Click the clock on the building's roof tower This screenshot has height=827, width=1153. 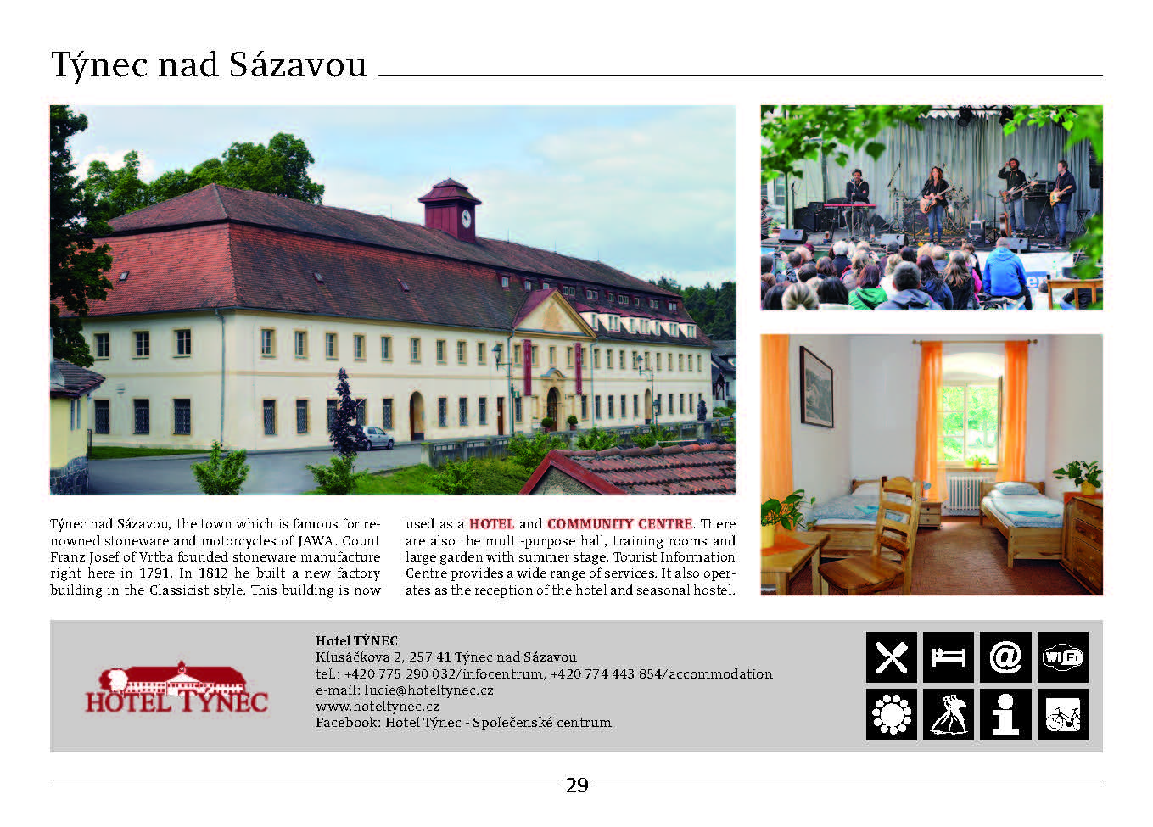[466, 218]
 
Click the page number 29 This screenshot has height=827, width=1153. [577, 785]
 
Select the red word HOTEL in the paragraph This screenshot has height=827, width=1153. [491, 524]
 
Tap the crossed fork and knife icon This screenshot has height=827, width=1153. [892, 657]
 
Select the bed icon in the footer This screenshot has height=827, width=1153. [949, 657]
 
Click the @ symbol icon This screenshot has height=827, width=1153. [1005, 657]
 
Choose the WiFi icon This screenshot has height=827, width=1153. [1063, 657]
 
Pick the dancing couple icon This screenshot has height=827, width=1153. [949, 715]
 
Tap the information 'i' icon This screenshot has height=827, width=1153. [1005, 715]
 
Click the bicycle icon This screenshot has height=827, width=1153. [1063, 715]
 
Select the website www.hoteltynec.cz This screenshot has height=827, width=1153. [378, 706]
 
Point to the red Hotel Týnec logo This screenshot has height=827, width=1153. [176, 688]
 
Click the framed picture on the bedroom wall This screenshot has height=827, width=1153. [816, 387]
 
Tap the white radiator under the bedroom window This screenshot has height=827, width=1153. [965, 494]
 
